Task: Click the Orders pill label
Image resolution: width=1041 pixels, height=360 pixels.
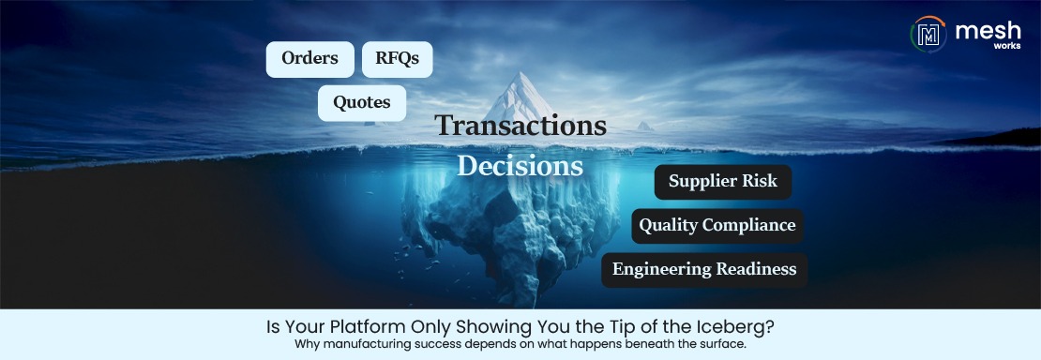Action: click(x=309, y=59)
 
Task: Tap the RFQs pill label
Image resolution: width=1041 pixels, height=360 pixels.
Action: click(x=397, y=59)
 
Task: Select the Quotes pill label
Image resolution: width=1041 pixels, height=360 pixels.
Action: click(x=361, y=103)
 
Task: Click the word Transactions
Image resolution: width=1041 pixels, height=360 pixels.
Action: click(x=520, y=126)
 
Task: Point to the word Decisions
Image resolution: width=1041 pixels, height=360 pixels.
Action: click(x=520, y=166)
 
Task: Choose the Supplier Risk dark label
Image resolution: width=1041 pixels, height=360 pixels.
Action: click(x=722, y=181)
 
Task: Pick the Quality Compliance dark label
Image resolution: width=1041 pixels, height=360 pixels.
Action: click(x=717, y=225)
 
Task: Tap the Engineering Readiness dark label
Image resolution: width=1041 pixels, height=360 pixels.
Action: click(x=703, y=269)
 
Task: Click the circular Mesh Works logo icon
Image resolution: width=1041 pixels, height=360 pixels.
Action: click(x=928, y=35)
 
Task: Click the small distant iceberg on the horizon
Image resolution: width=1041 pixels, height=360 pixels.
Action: click(x=644, y=126)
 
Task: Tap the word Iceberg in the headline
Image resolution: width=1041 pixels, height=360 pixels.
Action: click(x=743, y=329)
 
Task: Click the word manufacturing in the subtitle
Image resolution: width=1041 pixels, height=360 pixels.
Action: click(x=380, y=345)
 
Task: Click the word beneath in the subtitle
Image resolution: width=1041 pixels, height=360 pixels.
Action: click(x=640, y=345)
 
